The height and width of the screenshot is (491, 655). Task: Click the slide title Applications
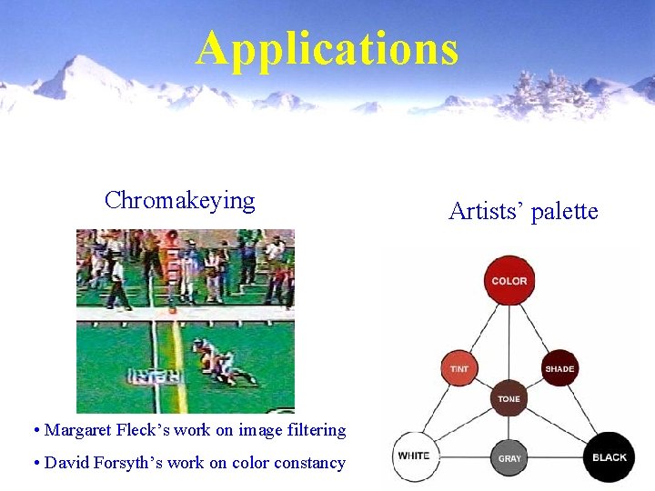327,49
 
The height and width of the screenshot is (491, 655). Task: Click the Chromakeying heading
179,200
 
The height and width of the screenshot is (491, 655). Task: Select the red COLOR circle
509,280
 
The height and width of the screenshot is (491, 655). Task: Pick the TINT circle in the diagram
459,368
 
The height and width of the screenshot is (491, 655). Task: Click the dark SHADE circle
559,368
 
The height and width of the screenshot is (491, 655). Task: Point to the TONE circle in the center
509,398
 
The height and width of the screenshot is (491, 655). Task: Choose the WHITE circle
414,455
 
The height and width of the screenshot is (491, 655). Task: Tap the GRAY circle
509,457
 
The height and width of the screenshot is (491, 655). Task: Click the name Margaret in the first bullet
77,430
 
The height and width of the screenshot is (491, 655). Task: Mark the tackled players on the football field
217,361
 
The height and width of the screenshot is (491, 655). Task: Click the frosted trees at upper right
546,91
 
